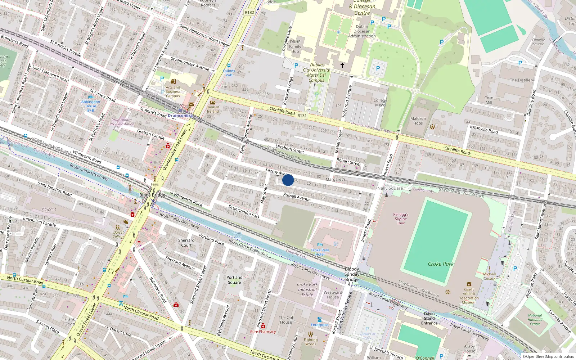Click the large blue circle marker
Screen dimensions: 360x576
(288, 180)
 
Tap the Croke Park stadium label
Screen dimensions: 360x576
(440, 264)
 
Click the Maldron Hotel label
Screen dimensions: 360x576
(418, 121)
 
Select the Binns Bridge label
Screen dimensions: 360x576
(152, 195)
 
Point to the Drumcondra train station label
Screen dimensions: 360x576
(180, 116)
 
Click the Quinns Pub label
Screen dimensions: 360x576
(229, 73)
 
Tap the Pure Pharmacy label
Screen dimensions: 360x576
(263, 332)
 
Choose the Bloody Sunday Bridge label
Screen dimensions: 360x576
(352, 274)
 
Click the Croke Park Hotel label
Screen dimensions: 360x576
(320, 252)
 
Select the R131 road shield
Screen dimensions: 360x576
(302, 116)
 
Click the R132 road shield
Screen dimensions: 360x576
(249, 12)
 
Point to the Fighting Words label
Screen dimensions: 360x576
(310, 342)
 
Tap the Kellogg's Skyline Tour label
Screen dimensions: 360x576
(401, 219)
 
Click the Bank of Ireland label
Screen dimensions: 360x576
(213, 109)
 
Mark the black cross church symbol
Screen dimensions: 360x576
(342, 65)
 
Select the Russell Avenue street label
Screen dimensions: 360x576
(297, 197)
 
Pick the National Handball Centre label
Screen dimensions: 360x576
(535, 319)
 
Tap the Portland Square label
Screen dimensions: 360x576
(234, 280)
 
